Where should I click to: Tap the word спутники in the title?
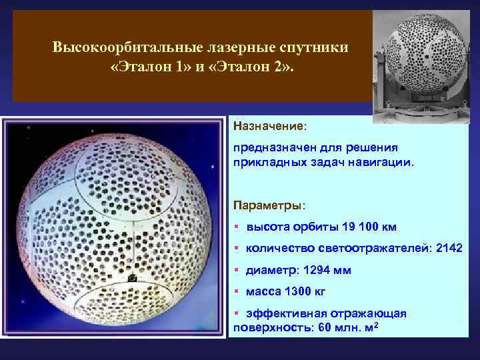pyautogui.click(x=317, y=48)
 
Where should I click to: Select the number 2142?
pyautogui.click(x=448, y=248)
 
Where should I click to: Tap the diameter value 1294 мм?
pyautogui.click(x=327, y=270)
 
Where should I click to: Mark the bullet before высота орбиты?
pyautogui.click(x=237, y=227)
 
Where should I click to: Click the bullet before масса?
pyautogui.click(x=237, y=291)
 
